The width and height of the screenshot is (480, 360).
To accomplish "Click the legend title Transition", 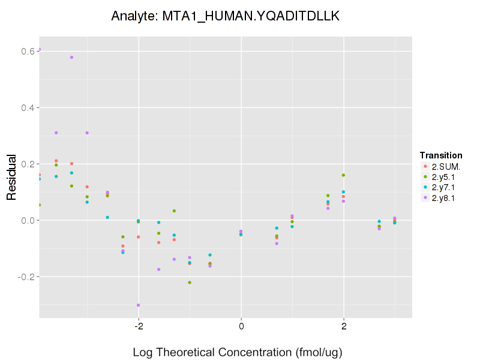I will click(x=441, y=155).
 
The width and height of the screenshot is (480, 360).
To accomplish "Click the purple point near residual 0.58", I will click(x=71, y=58).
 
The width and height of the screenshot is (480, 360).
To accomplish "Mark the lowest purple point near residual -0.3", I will click(x=139, y=305).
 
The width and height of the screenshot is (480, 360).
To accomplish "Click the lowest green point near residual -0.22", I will click(x=190, y=283).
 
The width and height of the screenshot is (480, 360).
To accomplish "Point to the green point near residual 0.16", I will click(x=343, y=175).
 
